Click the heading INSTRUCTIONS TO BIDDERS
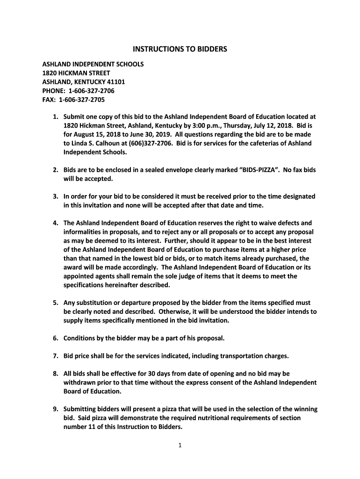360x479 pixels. pyautogui.click(x=180, y=49)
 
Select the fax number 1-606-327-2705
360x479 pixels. pyautogui.click(x=82, y=100)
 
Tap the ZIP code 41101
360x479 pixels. pyautogui.click(x=115, y=82)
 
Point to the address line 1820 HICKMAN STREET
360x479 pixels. pyautogui.click(x=77, y=73)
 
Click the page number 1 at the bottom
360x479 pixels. pyautogui.click(x=180, y=445)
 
